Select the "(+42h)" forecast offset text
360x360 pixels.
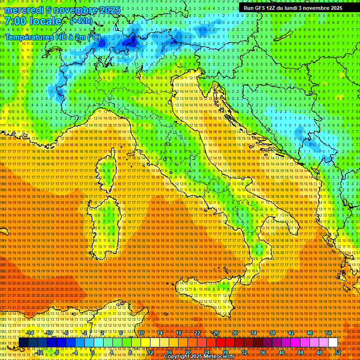click(81, 21)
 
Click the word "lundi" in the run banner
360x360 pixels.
click(296, 8)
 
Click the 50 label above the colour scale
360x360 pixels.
click(328, 333)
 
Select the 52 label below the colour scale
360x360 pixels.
click(337, 352)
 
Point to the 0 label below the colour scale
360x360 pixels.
click(93, 352)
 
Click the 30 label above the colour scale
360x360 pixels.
click(234, 333)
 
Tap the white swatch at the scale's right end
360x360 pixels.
click(333, 342)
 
